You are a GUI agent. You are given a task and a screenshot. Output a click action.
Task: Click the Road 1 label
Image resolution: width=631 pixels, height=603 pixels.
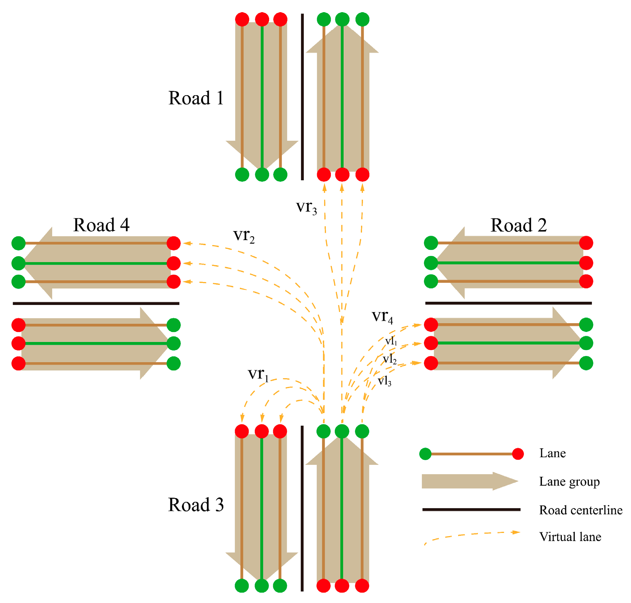tap(196, 98)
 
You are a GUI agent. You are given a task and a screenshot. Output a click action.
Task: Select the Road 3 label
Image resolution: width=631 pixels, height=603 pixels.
tap(196, 505)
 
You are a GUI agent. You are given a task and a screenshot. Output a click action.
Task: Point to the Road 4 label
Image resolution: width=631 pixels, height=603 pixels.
tap(101, 225)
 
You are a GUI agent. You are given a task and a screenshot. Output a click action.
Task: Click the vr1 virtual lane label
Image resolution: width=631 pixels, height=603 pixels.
tap(258, 374)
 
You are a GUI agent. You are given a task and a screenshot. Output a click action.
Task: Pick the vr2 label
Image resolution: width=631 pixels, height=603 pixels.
tap(244, 235)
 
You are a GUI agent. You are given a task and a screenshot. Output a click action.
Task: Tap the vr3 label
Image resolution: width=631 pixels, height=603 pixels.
tap(306, 207)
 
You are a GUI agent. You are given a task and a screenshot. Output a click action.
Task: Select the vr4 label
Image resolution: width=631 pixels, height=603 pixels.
tap(382, 316)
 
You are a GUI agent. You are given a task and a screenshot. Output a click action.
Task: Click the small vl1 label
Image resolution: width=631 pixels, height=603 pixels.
tap(391, 341)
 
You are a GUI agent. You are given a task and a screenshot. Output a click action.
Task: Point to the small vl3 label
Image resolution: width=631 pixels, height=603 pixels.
tap(384, 381)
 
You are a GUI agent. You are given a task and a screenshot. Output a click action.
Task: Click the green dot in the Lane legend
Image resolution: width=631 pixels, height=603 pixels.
tap(425, 454)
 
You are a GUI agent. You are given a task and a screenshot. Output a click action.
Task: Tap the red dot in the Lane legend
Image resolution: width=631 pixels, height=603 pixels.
tap(518, 454)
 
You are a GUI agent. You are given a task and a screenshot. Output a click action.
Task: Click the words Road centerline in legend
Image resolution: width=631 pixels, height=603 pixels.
tap(580, 510)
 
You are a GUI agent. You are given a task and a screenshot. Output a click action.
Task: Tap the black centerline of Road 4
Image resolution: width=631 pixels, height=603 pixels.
tap(96, 304)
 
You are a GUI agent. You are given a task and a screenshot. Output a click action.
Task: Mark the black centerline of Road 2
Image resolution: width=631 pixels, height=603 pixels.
tap(508, 303)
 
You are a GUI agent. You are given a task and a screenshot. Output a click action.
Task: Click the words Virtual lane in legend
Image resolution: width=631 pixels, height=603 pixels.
tap(570, 537)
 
